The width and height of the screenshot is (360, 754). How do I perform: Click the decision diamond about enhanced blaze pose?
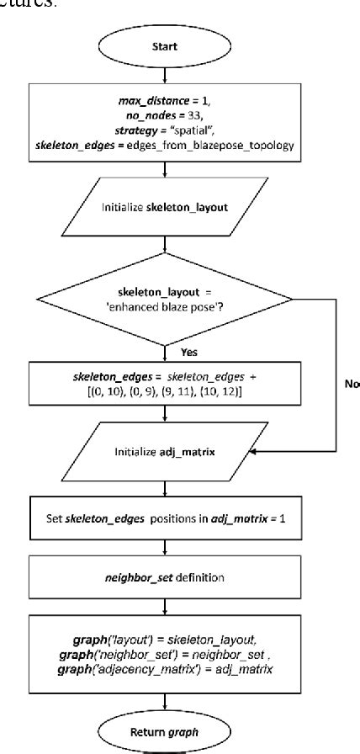pos(164,300)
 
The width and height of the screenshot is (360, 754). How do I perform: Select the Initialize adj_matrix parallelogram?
pos(164,452)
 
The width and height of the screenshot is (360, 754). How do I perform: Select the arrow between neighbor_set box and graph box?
pos(164,608)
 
